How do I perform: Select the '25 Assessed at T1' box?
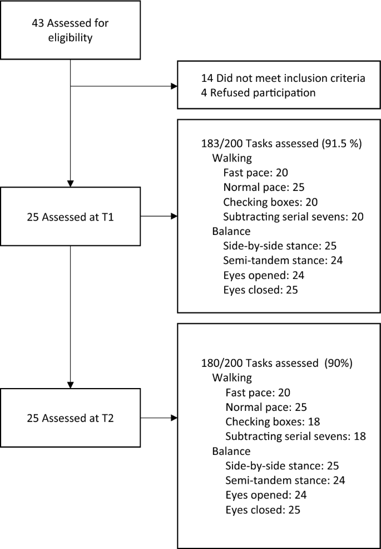tap(70, 215)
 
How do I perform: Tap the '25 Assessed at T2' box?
tap(70, 418)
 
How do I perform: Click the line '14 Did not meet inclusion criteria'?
tap(283, 79)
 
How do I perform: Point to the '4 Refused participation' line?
tap(258, 92)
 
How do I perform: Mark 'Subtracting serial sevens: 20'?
tap(293, 216)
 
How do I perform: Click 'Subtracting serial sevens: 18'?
tap(295, 436)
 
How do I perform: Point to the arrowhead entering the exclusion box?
tap(174, 86)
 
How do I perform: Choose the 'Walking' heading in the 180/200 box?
tap(232, 378)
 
